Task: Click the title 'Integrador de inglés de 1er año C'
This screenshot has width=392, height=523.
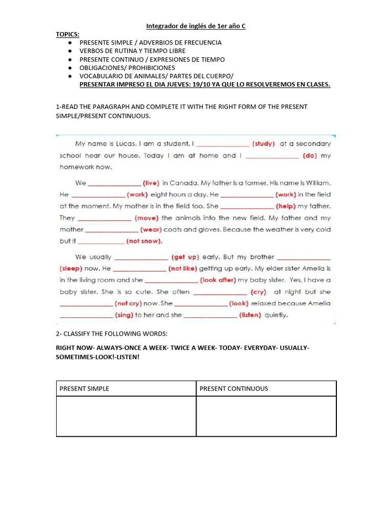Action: (x=196, y=26)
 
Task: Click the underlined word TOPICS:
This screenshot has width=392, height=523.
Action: (x=67, y=34)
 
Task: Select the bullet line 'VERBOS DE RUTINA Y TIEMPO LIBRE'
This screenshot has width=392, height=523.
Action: (x=132, y=51)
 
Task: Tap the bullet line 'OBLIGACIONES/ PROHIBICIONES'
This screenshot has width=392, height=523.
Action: (x=127, y=67)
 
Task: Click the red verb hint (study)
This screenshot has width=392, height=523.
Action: (x=263, y=144)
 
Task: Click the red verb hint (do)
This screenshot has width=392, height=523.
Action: (x=310, y=156)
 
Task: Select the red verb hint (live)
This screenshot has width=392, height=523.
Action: (x=151, y=183)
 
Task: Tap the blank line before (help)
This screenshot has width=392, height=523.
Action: (x=247, y=206)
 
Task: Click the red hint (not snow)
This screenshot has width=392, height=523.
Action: (x=144, y=241)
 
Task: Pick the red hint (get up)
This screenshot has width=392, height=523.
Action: (x=185, y=257)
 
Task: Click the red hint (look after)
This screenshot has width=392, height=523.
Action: (x=218, y=280)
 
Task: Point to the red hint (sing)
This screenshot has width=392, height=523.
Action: (x=124, y=315)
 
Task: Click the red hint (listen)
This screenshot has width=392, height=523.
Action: (x=250, y=315)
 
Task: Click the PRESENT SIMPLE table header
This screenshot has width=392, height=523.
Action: (x=84, y=389)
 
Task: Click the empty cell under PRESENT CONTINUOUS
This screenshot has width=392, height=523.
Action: (x=266, y=416)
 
